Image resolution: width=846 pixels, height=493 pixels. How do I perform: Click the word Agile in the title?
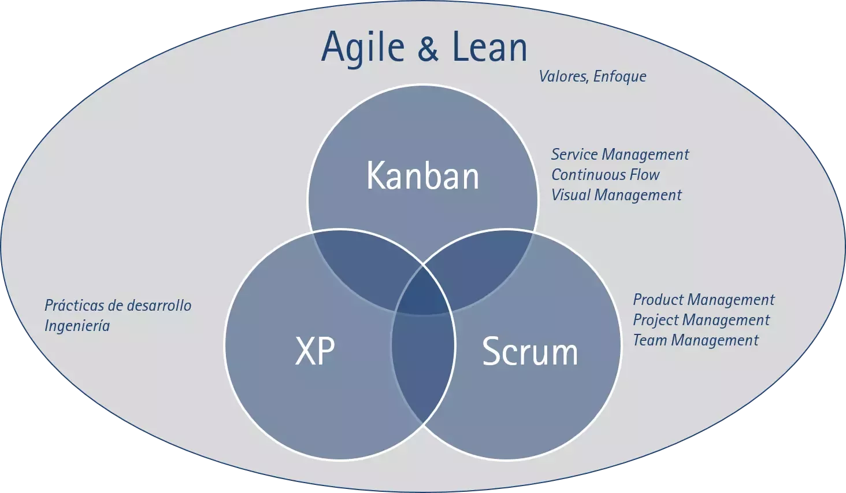pyautogui.click(x=363, y=48)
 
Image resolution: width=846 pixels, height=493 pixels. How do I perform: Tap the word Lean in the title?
pyautogui.click(x=489, y=46)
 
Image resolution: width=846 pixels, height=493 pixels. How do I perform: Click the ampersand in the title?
pyautogui.click(x=428, y=47)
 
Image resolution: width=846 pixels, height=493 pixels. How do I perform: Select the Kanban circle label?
pyautogui.click(x=422, y=175)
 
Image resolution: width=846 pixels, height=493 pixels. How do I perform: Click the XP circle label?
pyautogui.click(x=314, y=351)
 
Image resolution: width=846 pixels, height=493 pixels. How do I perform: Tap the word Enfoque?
pyautogui.click(x=620, y=77)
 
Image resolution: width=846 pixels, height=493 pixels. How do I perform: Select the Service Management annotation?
pyautogui.click(x=620, y=154)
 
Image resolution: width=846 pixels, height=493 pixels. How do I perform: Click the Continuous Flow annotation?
pyautogui.click(x=605, y=175)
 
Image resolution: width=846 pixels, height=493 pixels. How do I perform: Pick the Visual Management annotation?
pyautogui.click(x=617, y=195)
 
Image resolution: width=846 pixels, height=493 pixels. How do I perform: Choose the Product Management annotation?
pyautogui.click(x=704, y=300)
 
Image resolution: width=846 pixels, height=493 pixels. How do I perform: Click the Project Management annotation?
pyautogui.click(x=701, y=320)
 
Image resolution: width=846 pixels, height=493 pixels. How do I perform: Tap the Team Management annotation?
pyautogui.click(x=696, y=340)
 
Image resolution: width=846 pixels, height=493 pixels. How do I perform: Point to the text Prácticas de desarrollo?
pyautogui.click(x=118, y=306)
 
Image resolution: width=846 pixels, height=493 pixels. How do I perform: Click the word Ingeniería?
pyautogui.click(x=77, y=326)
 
